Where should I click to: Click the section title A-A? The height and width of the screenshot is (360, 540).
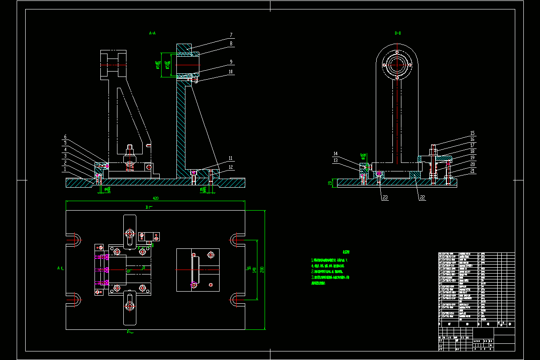pyautogui.click(x=152, y=33)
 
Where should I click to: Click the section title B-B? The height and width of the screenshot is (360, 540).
pyautogui.click(x=397, y=33)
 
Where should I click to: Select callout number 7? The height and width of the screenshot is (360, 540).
pyautogui.click(x=230, y=35)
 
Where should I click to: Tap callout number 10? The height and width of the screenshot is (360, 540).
pyautogui.click(x=230, y=72)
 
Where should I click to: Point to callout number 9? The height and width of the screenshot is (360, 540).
pyautogui.click(x=230, y=62)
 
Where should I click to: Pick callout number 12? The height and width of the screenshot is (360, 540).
pyautogui.click(x=230, y=167)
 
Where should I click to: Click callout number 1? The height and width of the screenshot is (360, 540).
pyautogui.click(x=65, y=169)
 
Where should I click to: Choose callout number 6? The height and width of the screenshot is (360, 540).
pyautogui.click(x=65, y=137)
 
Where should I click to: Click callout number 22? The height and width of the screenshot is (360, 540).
pyautogui.click(x=422, y=197)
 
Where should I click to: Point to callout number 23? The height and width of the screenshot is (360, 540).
pyautogui.click(x=385, y=197)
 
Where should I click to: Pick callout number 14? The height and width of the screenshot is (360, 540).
pyautogui.click(x=335, y=153)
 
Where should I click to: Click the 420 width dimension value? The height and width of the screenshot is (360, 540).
pyautogui.click(x=156, y=198)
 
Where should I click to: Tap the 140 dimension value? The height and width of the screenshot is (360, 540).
pyautogui.click(x=255, y=269)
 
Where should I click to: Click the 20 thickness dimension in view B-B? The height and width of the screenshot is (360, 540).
pyautogui.click(x=330, y=183)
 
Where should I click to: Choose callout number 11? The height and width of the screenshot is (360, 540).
pyautogui.click(x=230, y=158)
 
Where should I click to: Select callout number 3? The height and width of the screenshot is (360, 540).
pyautogui.click(x=65, y=156)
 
